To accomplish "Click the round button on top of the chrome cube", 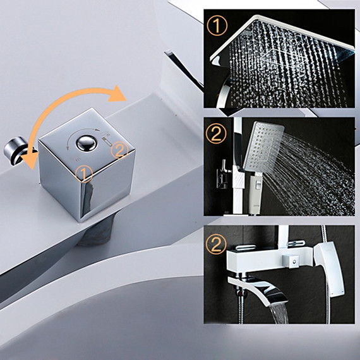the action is [x=87, y=143].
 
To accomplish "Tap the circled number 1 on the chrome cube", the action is [x=84, y=174].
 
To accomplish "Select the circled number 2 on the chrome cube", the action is [x=119, y=150].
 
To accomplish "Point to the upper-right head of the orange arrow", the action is [x=117, y=93].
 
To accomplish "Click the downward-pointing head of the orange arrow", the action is [x=30, y=160].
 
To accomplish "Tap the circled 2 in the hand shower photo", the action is [x=216, y=133].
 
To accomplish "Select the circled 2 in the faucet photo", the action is [x=216, y=243].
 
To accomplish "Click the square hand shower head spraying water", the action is [x=263, y=147].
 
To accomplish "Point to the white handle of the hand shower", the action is [x=255, y=194].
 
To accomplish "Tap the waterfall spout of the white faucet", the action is [x=258, y=290].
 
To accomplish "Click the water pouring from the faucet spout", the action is [x=279, y=314].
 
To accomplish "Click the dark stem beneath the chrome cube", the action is [x=97, y=232].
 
